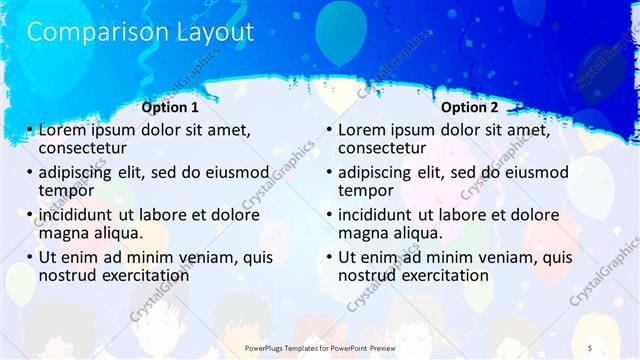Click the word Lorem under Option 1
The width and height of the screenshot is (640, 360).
point(64,130)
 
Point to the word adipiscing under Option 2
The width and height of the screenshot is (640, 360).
point(382,172)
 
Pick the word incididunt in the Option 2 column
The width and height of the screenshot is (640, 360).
point(383,215)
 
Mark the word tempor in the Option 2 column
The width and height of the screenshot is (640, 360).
point(366,190)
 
